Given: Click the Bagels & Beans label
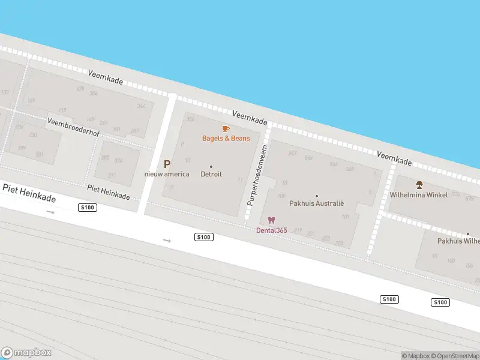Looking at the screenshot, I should (226, 139).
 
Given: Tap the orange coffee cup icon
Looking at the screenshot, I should (226, 128).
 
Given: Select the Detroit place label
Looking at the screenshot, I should (211, 174).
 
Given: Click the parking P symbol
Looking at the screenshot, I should (167, 164).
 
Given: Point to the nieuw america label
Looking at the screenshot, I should (167, 174).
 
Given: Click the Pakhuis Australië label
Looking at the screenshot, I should (317, 203).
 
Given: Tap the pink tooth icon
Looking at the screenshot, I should (271, 220).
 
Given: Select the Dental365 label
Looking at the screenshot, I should (271, 230).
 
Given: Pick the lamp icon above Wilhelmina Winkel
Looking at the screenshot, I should (419, 184).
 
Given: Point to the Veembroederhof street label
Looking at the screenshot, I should (73, 127).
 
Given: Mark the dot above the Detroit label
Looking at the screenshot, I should (211, 166).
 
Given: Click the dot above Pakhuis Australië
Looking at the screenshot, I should (317, 196).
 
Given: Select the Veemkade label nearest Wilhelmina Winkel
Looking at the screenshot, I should (394, 158).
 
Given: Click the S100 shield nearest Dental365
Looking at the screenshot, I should (204, 237).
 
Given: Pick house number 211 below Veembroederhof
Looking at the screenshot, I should (112, 175).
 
